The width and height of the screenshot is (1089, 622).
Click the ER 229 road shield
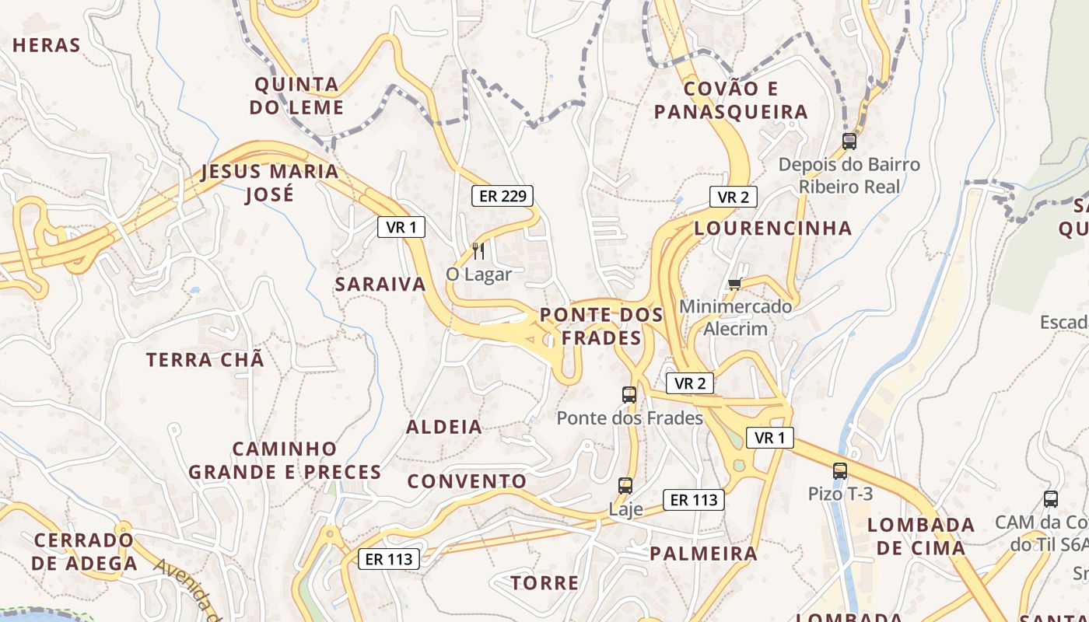[502, 196]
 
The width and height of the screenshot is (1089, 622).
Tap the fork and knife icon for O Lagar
[478, 250]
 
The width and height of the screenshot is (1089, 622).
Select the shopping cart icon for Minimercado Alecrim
[734, 284]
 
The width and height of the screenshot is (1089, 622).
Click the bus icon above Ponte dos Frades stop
[629, 395]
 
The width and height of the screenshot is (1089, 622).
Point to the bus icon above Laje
[625, 486]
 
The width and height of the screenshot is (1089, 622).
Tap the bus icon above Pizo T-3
[840, 470]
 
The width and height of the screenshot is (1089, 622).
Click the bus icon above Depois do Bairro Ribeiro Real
[849, 142]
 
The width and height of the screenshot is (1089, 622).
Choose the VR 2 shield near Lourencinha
[733, 197]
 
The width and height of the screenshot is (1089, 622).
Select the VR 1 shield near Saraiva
[401, 227]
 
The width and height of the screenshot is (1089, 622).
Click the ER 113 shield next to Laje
[694, 500]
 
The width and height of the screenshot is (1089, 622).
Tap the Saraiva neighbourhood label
[380, 285]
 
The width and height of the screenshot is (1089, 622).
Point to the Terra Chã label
[205, 360]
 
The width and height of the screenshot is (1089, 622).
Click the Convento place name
[467, 481]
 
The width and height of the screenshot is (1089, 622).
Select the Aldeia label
[444, 427]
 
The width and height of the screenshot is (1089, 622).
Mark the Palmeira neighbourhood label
[703, 554]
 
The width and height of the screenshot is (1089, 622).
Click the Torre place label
[544, 582]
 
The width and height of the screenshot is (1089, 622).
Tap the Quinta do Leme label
[297, 96]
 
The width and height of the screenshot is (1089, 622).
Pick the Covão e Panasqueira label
[730, 100]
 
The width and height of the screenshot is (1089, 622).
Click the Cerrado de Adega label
[84, 551]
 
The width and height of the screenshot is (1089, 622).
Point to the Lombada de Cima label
[921, 536]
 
